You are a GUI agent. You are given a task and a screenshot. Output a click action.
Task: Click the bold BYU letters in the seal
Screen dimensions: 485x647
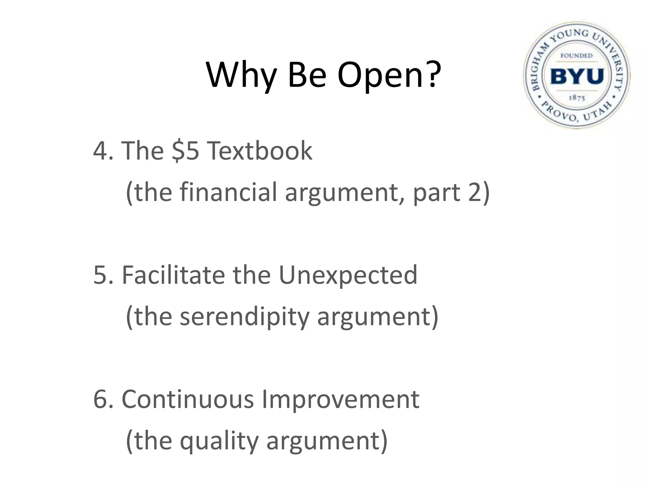tap(577, 77)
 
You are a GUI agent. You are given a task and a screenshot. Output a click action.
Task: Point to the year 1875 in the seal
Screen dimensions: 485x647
tap(577, 98)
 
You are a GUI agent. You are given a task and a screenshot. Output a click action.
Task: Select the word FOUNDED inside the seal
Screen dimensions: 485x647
tap(577, 56)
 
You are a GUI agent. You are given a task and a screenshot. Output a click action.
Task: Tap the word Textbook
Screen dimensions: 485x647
tap(259, 151)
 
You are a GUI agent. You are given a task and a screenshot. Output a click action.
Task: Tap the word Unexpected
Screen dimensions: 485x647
tap(348, 275)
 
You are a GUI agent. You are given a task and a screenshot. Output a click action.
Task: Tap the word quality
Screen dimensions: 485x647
tap(219, 441)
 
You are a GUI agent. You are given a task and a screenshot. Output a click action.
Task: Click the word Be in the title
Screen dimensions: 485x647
tap(306, 76)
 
